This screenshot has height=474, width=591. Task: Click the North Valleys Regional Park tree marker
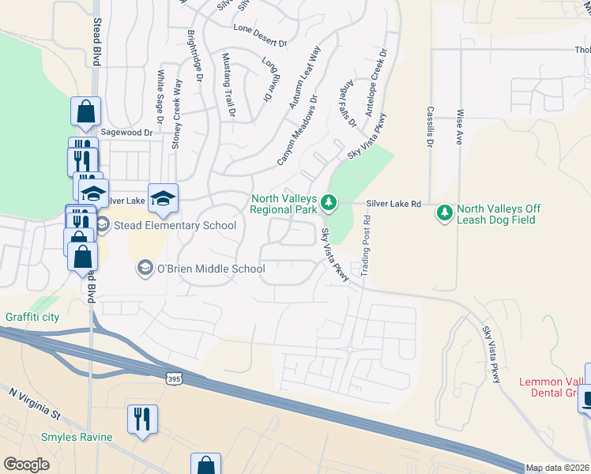pyautogui.click(x=330, y=204)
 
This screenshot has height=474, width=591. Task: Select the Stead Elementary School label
pyautogui.click(x=174, y=226)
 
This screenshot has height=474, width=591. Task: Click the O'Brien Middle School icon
pyautogui.click(x=145, y=269)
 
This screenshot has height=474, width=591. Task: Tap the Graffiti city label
pyautogui.click(x=32, y=317)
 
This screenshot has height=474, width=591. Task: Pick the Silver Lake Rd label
pyautogui.click(x=393, y=204)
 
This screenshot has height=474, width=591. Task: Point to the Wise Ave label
pyautogui.click(x=459, y=127)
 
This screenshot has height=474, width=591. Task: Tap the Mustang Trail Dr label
pyautogui.click(x=228, y=85)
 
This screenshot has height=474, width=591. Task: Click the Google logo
pyautogui.click(x=26, y=464)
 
